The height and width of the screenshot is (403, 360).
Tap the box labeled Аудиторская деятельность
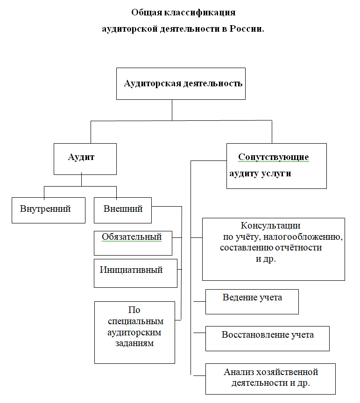(x=181, y=83)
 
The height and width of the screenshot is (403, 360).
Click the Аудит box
(x=85, y=159)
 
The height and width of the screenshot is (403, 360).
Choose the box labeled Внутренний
(x=49, y=210)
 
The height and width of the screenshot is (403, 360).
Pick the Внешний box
(x=123, y=210)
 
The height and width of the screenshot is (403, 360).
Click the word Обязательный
(x=132, y=237)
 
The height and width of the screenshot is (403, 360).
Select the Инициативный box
(x=135, y=273)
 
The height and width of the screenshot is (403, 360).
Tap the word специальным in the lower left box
(x=135, y=321)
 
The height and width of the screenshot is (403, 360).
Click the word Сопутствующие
(x=273, y=157)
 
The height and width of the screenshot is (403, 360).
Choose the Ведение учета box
(x=252, y=301)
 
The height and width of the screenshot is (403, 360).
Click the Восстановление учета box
(x=268, y=338)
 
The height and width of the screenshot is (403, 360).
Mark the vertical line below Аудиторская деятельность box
(x=172, y=110)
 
